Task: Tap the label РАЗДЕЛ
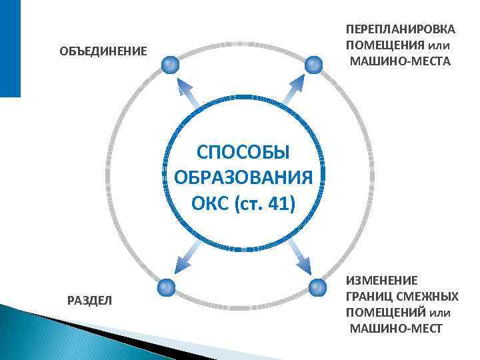point(90,301)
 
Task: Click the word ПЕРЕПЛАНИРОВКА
point(401,30)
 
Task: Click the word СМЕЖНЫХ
point(427,297)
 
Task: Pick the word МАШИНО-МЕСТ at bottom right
point(395,329)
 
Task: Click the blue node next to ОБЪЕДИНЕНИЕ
point(170,65)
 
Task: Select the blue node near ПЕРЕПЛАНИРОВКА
point(314,65)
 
